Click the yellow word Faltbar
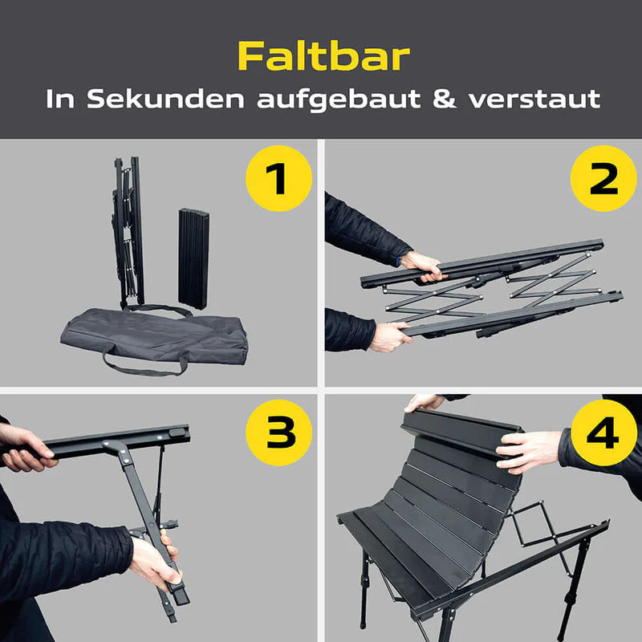click(x=323, y=56)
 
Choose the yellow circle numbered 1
click(x=278, y=179)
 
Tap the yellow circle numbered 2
click(x=603, y=179)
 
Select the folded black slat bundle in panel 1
click(x=193, y=258)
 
